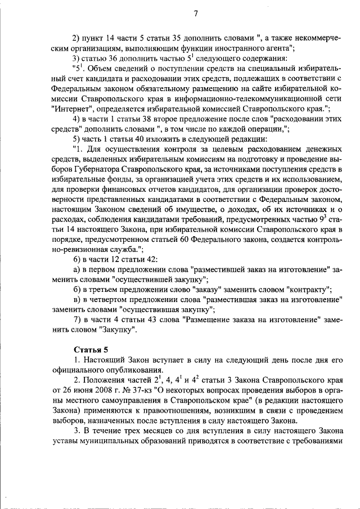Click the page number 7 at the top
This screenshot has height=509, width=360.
[196, 14]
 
